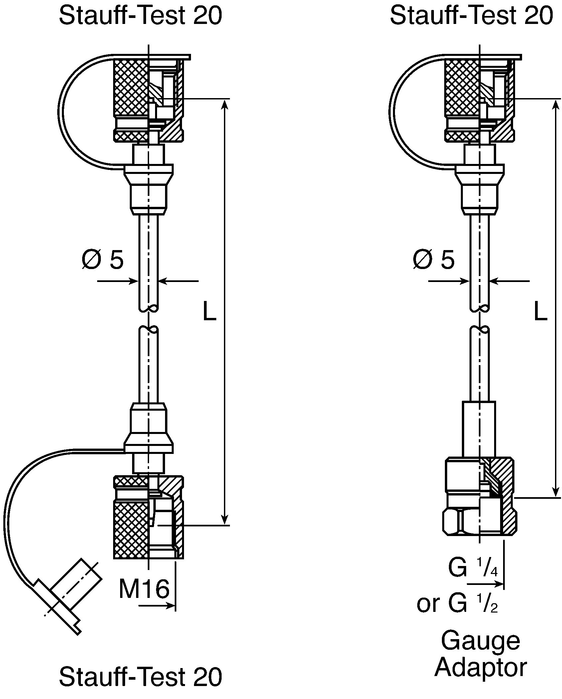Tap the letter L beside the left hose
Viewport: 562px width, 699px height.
point(209,311)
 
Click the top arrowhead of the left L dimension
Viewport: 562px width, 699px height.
point(225,105)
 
